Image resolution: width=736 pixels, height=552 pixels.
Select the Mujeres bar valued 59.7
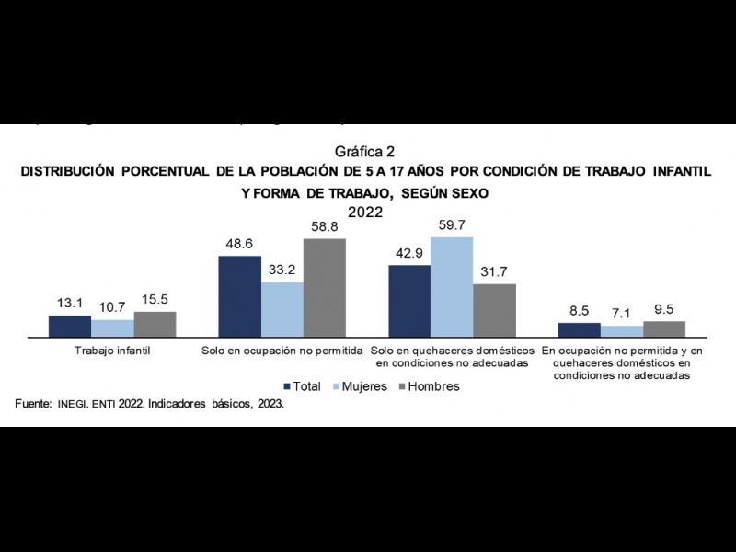click(x=452, y=288)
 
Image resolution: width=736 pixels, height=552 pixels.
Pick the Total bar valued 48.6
click(x=239, y=297)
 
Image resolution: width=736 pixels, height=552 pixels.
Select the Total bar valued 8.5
click(x=580, y=331)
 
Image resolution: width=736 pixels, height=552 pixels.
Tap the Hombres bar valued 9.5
click(x=664, y=330)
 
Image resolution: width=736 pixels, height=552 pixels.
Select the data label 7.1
click(x=622, y=314)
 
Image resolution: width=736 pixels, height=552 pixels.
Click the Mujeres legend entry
click(x=358, y=386)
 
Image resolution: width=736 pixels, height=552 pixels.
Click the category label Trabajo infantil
click(x=112, y=351)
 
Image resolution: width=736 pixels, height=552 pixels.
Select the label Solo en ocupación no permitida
click(x=282, y=351)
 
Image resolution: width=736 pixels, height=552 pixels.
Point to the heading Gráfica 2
click(x=365, y=151)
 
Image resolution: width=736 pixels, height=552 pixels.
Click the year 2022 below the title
click(x=365, y=211)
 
